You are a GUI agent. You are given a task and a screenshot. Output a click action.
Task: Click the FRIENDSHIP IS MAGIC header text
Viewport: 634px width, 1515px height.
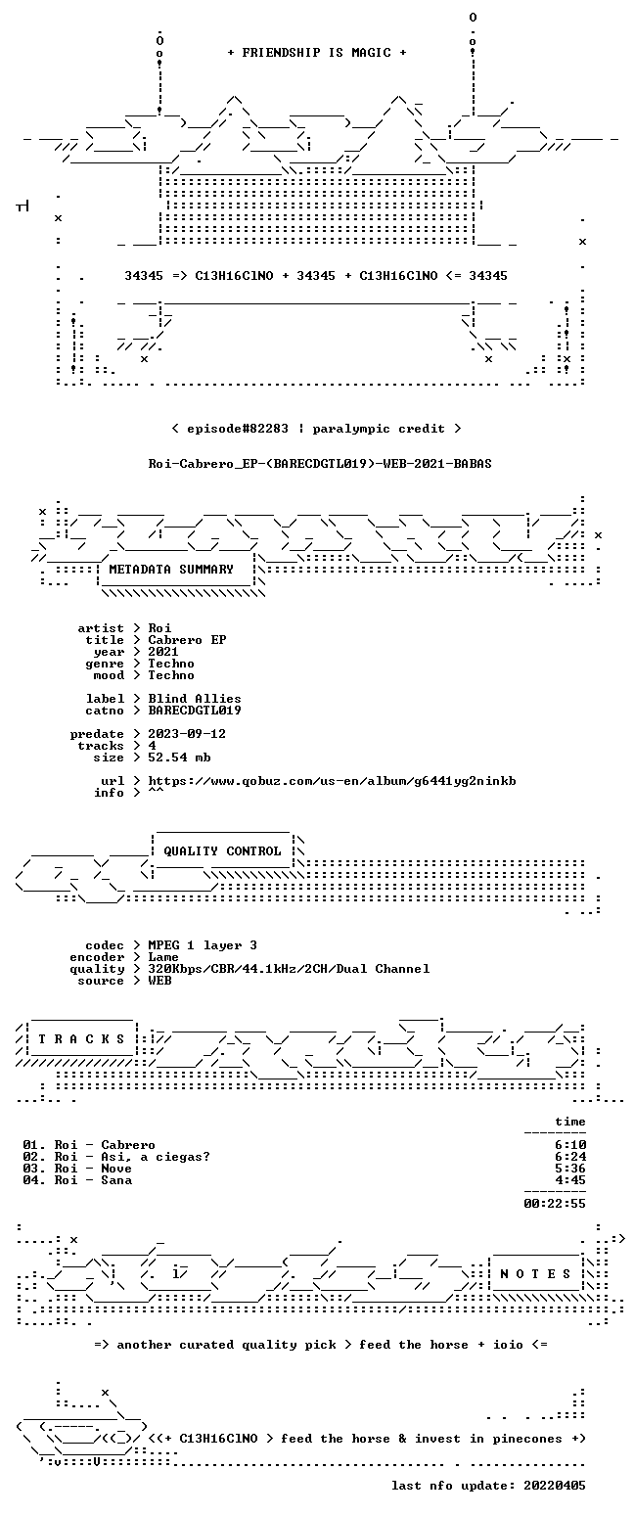tap(317, 53)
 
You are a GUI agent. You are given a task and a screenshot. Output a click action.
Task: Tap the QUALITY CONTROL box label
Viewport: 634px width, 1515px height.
tap(222, 851)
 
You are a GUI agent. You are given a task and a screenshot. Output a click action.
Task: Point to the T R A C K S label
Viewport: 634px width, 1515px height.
tap(82, 1039)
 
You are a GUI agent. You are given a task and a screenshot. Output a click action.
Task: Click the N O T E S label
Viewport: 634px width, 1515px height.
tap(535, 1274)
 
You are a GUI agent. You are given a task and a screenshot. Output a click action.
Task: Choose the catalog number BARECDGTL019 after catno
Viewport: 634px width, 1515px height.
tap(195, 711)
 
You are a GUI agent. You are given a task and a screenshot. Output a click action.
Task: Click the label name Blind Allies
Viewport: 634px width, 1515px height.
tap(195, 699)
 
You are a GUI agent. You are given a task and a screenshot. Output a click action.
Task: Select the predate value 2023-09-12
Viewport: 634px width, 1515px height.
tap(187, 734)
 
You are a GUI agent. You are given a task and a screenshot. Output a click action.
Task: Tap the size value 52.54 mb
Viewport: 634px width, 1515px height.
tap(179, 757)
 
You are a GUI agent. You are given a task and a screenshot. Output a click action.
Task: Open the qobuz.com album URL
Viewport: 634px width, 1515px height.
tap(332, 781)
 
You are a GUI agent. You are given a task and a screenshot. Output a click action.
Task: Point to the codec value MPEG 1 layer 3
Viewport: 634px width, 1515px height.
tap(203, 945)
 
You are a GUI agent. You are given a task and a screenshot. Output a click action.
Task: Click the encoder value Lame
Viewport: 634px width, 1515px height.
tap(163, 957)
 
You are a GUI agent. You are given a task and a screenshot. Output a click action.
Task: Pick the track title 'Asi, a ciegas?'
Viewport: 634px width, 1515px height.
tap(156, 1157)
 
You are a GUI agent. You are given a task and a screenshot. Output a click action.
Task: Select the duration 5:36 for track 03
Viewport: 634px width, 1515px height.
tap(570, 1169)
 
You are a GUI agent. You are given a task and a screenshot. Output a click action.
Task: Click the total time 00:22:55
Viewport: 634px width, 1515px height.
tap(555, 1204)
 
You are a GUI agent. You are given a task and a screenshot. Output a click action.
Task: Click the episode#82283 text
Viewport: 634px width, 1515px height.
tap(238, 429)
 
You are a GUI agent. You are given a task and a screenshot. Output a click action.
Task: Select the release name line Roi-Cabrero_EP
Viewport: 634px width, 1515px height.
tap(320, 464)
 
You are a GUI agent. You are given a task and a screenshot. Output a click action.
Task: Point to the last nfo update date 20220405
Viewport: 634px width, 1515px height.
tap(555, 1486)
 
